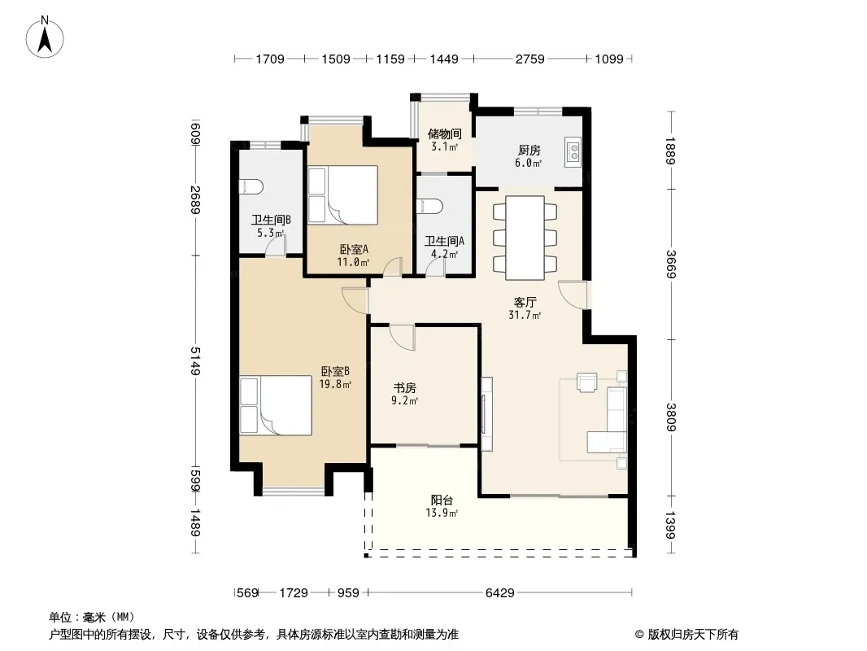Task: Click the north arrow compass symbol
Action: pyautogui.click(x=45, y=37)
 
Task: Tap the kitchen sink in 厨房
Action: pyautogui.click(x=573, y=151)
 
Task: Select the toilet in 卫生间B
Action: pyautogui.click(x=251, y=187)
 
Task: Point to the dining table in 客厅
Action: pyautogui.click(x=525, y=238)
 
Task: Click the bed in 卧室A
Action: pyautogui.click(x=343, y=194)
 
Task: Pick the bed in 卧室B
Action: pyautogui.click(x=276, y=405)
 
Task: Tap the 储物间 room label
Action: pyautogui.click(x=445, y=133)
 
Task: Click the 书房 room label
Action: pyautogui.click(x=405, y=387)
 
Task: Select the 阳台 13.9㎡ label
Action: pyautogui.click(x=442, y=506)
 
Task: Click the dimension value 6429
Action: pyautogui.click(x=500, y=593)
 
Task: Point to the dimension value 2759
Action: pyautogui.click(x=529, y=59)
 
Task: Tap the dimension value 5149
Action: pyautogui.click(x=195, y=361)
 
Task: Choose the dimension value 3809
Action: pyautogui.click(x=671, y=417)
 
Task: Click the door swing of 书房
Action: pyautogui.click(x=402, y=337)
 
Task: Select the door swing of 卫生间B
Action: pyautogui.click(x=276, y=245)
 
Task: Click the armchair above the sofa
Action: pyautogui.click(x=587, y=382)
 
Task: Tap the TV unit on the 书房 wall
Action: pyautogui.click(x=486, y=413)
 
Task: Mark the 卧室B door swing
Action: pyautogui.click(x=355, y=301)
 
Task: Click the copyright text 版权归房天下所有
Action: pyautogui.click(x=693, y=635)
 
